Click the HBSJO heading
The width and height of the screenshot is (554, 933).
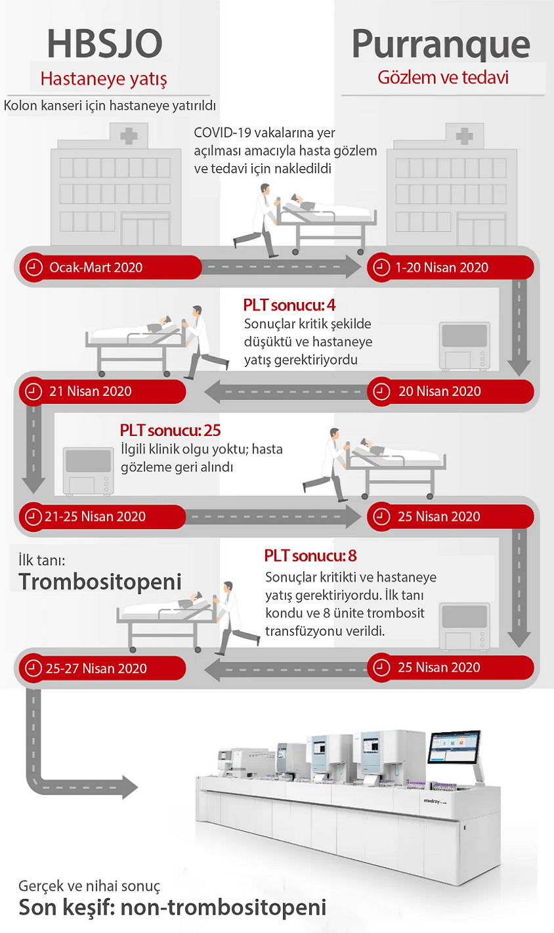tap(104, 44)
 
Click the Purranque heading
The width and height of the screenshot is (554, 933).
tap(441, 45)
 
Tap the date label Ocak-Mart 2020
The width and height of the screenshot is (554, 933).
tap(96, 267)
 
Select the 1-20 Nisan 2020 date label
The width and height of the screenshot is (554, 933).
tap(442, 267)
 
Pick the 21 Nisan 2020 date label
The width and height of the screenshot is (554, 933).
tap(91, 391)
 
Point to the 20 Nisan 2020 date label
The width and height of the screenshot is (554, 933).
tap(439, 391)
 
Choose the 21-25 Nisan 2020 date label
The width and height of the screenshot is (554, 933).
tap(95, 517)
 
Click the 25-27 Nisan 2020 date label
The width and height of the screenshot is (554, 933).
tap(96, 668)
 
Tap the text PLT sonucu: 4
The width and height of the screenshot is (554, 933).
tap(289, 305)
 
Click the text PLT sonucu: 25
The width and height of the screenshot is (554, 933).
tap(171, 431)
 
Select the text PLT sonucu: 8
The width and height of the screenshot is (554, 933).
tap(310, 556)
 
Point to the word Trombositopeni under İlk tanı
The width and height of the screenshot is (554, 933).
tap(100, 582)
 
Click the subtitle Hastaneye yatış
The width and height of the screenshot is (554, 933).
tap(104, 79)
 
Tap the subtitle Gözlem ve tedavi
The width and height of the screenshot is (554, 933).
tap(443, 77)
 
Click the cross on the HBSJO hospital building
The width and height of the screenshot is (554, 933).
tap(129, 136)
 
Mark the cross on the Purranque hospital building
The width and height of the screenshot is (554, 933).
tap(465, 136)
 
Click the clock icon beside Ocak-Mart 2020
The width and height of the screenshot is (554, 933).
tap(34, 267)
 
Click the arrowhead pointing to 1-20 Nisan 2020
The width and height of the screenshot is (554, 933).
tap(352, 267)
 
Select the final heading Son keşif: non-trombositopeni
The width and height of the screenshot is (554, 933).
tap(173, 908)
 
